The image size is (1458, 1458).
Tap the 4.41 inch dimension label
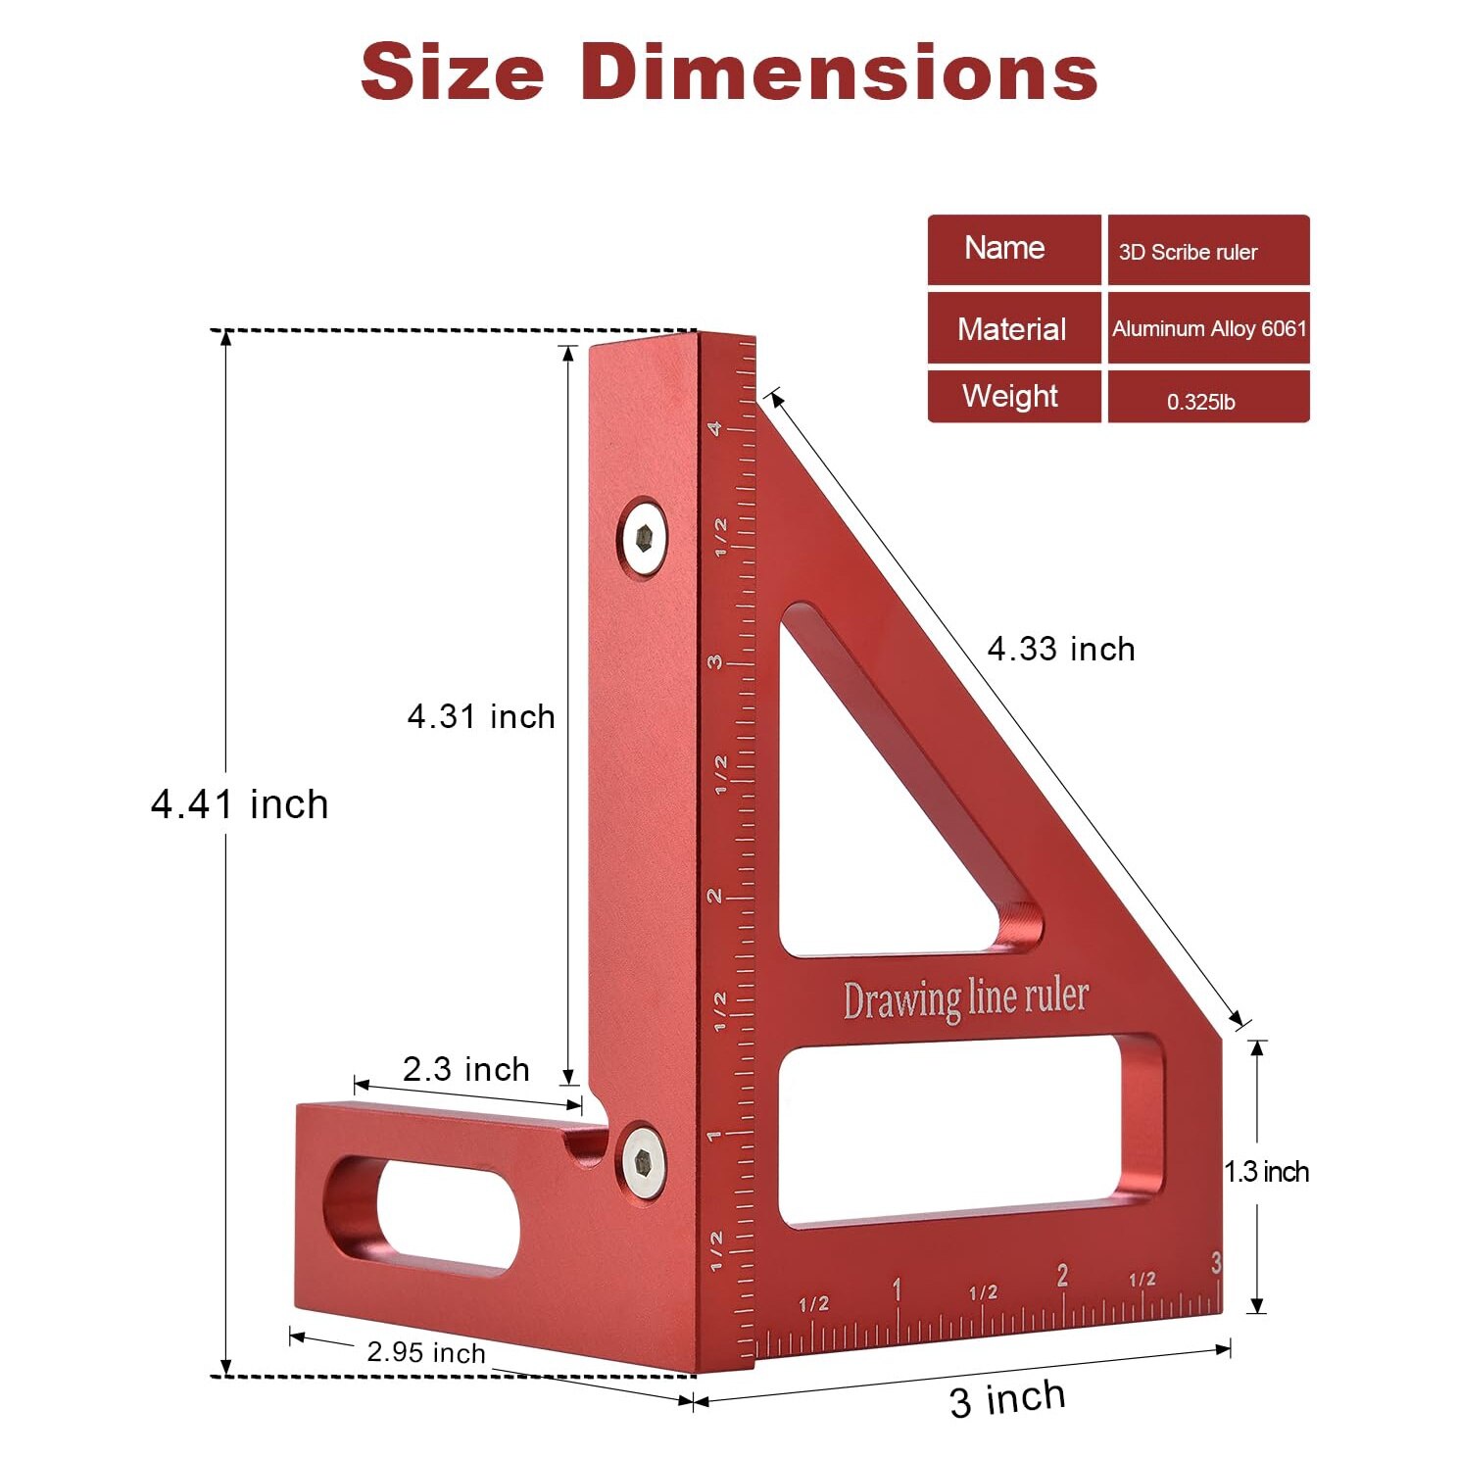240,804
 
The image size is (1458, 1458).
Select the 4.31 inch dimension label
481,716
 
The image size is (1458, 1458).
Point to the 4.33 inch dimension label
1061,649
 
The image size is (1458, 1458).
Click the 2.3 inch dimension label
466,1069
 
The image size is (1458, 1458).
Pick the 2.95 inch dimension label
426,1353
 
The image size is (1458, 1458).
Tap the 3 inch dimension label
1007,1398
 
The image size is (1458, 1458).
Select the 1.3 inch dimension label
1266,1172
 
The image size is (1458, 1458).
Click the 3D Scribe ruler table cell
1208,251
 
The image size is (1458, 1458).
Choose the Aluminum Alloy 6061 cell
1208,328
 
